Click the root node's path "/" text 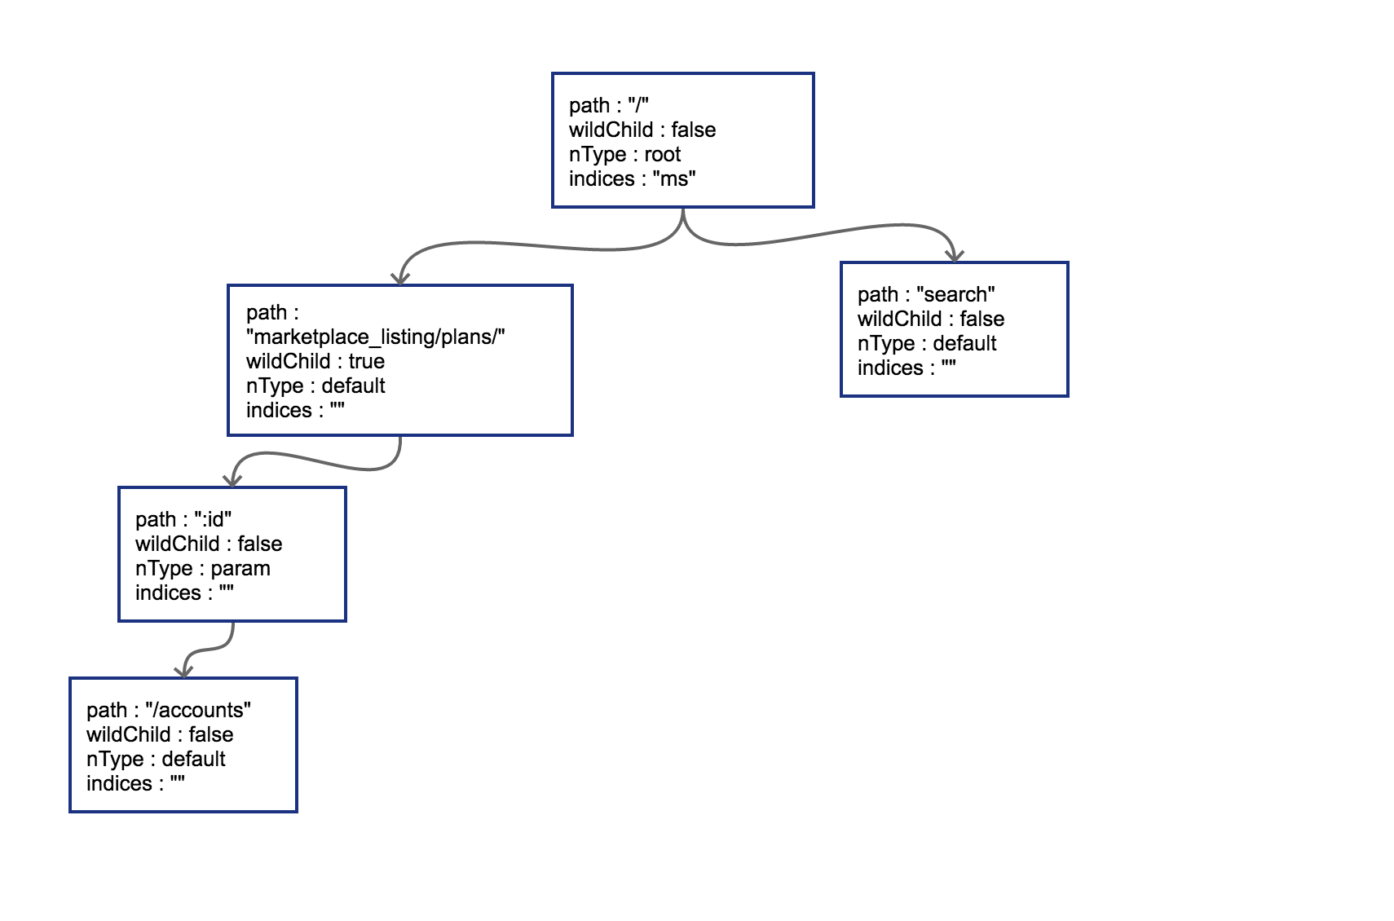pos(638,106)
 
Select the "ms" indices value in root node pos(674,179)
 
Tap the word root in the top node pos(662,155)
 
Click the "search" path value pos(955,295)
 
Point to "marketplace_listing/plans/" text pos(376,337)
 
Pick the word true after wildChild pos(366,362)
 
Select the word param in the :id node pos(240,569)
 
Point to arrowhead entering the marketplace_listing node pos(399,278)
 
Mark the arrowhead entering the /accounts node pos(184,670)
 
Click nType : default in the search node pos(927,344)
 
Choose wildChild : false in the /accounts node pos(160,735)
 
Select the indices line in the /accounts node pos(136,784)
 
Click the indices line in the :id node pos(184,593)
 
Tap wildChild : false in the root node pos(642,130)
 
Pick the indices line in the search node pos(907,368)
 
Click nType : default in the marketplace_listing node pos(315,386)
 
